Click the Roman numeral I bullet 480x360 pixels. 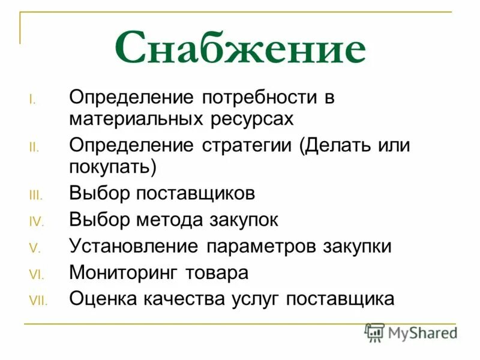(33, 100)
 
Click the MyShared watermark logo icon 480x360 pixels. (375, 332)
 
